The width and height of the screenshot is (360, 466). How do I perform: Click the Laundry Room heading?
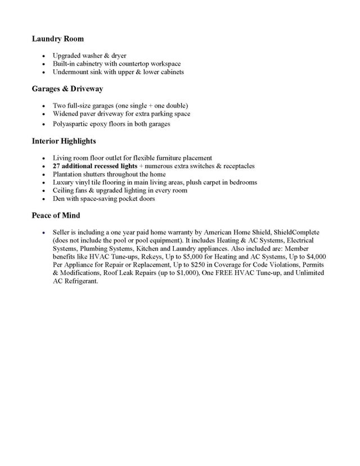[58, 39]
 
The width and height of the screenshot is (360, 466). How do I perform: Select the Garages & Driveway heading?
[67, 89]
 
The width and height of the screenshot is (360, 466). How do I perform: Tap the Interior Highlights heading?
[64, 141]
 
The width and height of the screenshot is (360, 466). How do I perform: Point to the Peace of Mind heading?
[56, 216]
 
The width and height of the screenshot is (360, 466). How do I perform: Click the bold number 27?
[56, 166]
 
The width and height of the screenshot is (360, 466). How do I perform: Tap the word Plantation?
[69, 174]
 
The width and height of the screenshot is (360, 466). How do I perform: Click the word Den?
[58, 199]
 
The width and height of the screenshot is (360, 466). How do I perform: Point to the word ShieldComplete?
[296, 232]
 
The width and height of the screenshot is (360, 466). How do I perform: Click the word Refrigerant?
[80, 281]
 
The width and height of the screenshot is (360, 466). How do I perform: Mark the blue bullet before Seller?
[43, 232]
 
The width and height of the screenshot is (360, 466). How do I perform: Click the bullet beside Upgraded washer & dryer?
[43, 56]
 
